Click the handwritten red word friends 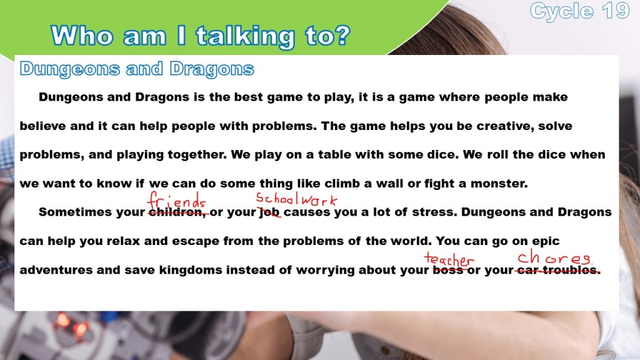176,201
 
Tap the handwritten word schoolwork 297,199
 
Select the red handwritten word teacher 449,259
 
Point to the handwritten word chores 555,257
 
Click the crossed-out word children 177,212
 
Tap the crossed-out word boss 447,270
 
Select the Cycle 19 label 580,11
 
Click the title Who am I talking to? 201,36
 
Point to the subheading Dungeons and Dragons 137,69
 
